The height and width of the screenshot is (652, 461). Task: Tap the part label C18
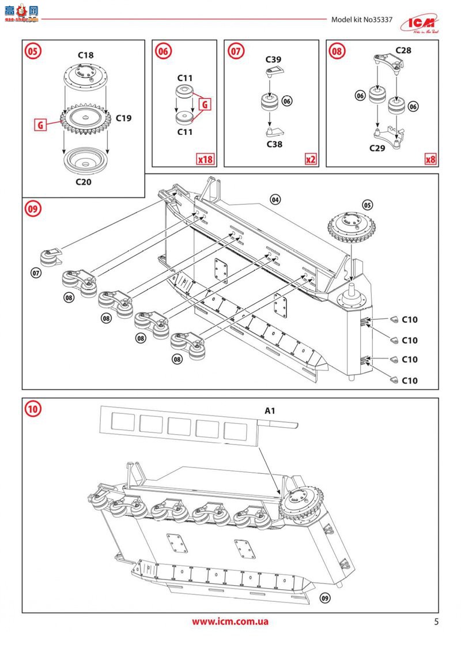tap(86, 55)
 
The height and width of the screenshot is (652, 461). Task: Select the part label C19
tap(123, 118)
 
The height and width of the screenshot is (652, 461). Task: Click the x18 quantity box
tap(205, 159)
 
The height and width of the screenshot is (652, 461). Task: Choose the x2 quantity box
tap(311, 159)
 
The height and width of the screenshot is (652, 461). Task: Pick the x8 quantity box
tap(430, 159)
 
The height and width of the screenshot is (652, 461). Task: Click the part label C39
tap(273, 59)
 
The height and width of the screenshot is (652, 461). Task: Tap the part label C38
tap(274, 144)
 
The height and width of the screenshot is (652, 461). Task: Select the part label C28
tap(403, 51)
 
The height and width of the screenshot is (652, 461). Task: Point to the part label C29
tap(377, 148)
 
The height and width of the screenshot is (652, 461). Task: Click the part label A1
tap(270, 411)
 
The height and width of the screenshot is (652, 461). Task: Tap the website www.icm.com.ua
tap(230, 621)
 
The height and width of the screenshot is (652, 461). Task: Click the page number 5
tap(436, 621)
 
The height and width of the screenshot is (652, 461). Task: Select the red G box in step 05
tap(40, 125)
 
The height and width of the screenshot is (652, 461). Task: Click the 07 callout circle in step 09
tap(36, 273)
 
